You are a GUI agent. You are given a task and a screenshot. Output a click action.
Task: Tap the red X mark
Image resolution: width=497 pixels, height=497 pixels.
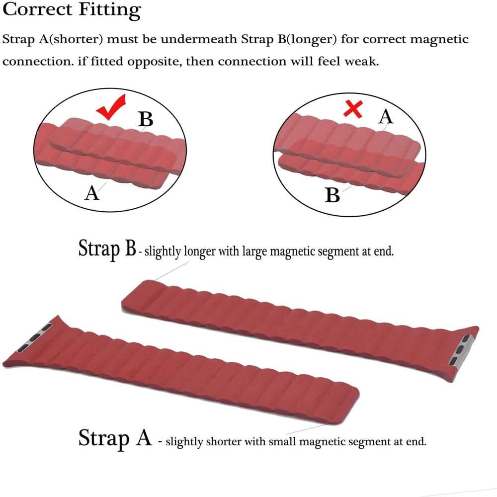click(353, 109)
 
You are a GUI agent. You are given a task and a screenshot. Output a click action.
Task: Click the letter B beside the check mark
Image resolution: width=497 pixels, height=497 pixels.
click(146, 119)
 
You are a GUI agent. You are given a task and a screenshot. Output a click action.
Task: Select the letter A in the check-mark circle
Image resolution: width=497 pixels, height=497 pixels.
click(92, 193)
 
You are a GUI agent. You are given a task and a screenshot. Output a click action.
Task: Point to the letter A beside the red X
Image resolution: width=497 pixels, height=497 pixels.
click(386, 116)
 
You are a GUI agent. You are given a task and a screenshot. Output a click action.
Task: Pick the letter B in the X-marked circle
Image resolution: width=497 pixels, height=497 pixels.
click(332, 195)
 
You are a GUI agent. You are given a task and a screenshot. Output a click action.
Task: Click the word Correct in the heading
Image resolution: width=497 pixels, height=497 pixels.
click(37, 9)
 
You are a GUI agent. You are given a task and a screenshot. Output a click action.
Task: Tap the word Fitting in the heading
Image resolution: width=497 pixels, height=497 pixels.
click(110, 10)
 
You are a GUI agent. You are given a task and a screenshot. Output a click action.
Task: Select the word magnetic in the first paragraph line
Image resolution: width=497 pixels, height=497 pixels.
click(439, 40)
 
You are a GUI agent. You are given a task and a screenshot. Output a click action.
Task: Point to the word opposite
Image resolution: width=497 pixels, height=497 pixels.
click(155, 62)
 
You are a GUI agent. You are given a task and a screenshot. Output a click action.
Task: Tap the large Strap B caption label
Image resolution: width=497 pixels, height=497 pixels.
click(107, 248)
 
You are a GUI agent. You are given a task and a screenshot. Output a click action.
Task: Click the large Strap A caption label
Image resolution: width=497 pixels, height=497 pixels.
click(115, 438)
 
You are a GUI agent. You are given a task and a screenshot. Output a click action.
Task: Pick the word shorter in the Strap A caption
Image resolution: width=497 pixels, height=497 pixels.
click(223, 441)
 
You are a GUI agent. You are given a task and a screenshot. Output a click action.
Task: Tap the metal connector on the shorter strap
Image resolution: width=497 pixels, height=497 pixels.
click(35, 337)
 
